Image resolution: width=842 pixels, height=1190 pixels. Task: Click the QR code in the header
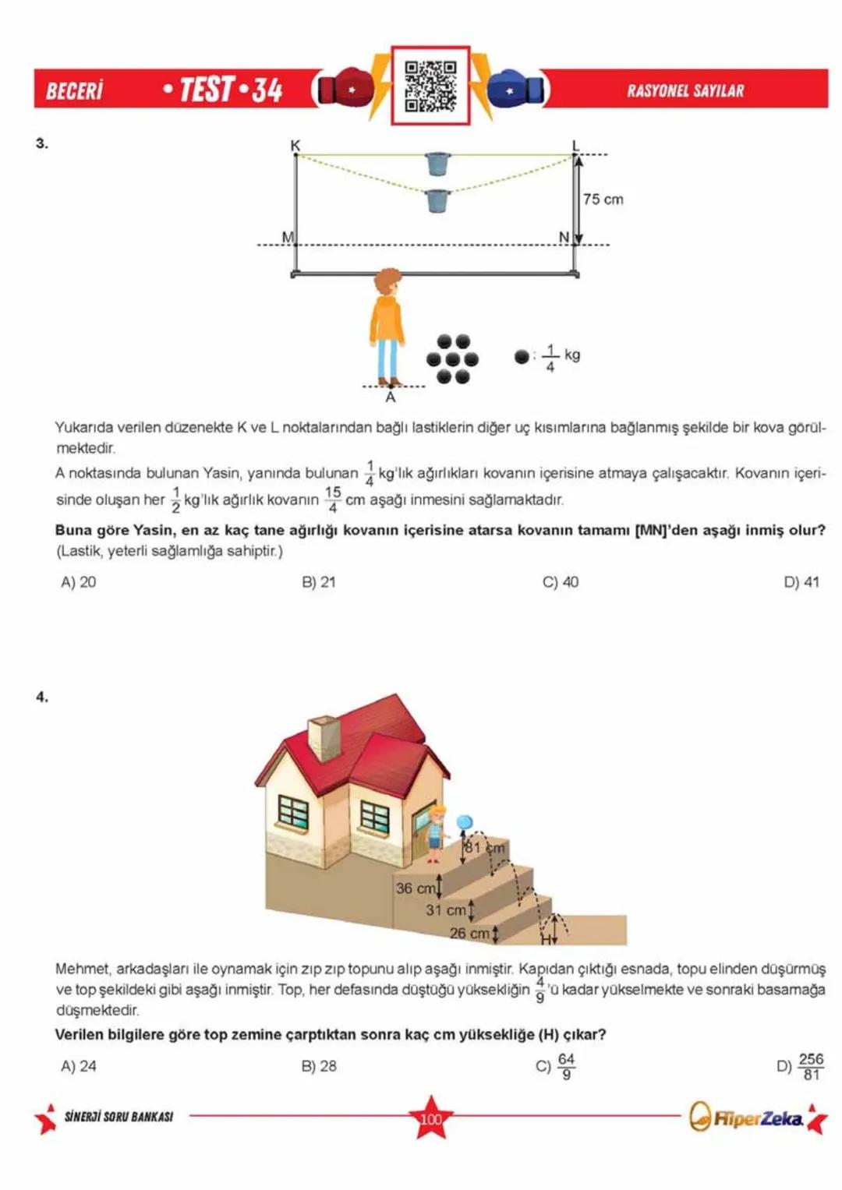coord(430,86)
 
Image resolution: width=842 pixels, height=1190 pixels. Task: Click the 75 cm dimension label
coord(603,200)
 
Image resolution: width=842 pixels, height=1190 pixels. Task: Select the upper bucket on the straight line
coord(438,164)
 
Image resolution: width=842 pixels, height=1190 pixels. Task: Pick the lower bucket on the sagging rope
coord(438,201)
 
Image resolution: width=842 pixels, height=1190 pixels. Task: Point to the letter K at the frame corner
coord(295,146)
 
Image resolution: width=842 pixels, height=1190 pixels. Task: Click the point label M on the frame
coord(288,237)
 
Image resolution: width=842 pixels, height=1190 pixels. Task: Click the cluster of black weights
coord(452,359)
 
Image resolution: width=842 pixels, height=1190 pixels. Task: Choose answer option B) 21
coord(319,582)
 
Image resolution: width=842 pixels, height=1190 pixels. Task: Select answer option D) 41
coord(801,582)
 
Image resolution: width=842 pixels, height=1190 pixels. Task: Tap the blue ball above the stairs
coord(465,822)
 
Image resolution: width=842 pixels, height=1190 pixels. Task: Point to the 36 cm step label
coord(416,888)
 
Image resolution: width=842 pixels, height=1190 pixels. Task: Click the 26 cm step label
coord(469,933)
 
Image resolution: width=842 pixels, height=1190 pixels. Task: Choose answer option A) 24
coord(79,1066)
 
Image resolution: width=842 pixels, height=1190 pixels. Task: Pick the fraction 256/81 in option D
coord(811,1066)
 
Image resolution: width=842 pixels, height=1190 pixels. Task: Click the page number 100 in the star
coord(430,1119)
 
